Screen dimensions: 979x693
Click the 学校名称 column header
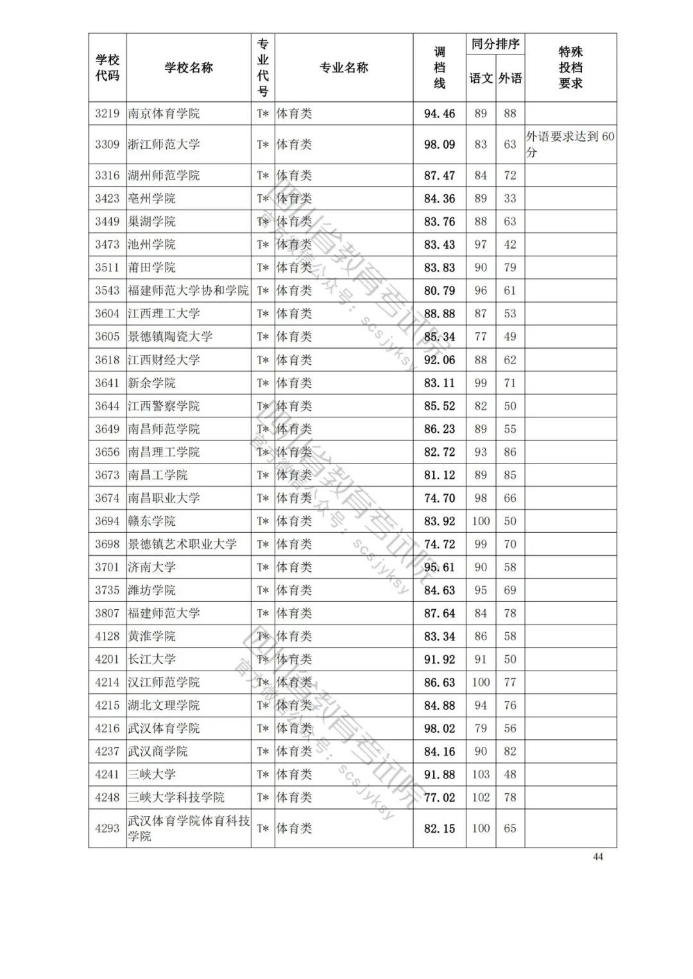click(x=189, y=68)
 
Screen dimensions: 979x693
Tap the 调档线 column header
click(x=440, y=68)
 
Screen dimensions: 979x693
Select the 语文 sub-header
click(x=481, y=79)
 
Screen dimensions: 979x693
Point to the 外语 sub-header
click(x=510, y=79)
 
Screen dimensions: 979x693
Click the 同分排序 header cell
click(x=495, y=45)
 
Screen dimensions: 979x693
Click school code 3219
click(x=107, y=113)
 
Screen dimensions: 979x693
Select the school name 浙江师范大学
click(x=164, y=144)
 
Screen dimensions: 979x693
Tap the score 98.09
click(x=440, y=144)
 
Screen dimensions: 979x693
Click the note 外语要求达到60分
click(x=570, y=144)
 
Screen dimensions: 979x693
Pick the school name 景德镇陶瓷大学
click(x=170, y=337)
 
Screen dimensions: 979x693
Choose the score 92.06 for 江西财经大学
click(x=440, y=360)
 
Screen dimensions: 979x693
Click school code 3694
click(x=107, y=521)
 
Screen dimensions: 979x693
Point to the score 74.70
click(x=440, y=498)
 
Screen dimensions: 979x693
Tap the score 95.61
click(x=440, y=567)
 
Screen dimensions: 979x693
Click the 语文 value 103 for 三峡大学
click(x=481, y=774)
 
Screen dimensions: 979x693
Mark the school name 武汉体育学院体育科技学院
click(x=189, y=828)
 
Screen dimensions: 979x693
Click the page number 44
click(x=598, y=857)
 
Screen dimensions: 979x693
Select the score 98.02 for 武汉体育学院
click(x=440, y=728)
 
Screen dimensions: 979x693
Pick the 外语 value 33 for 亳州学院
click(x=510, y=199)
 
